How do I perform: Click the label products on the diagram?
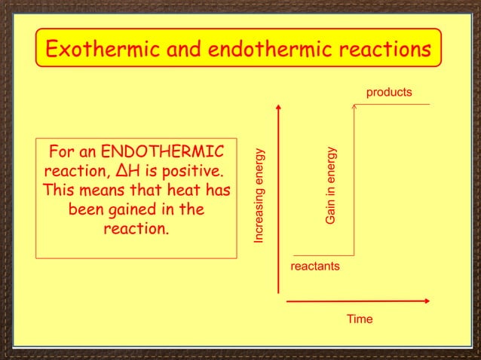click(x=389, y=93)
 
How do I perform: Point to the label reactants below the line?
click(x=314, y=267)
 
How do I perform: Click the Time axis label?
click(x=360, y=319)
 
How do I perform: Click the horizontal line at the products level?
click(x=392, y=104)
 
